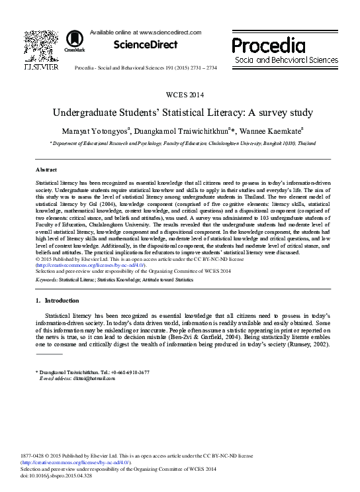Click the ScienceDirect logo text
tap(146, 45)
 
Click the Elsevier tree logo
tap(42, 45)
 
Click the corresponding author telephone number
tap(130, 373)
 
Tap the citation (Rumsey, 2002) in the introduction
tap(309, 344)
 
